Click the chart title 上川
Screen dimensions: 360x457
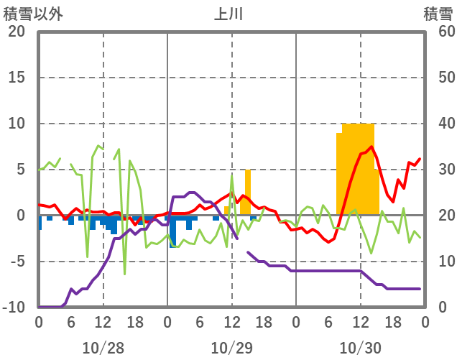tap(228, 14)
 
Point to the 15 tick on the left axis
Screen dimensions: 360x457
tap(17, 78)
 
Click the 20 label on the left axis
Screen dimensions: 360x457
tap(17, 32)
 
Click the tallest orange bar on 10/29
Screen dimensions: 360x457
tap(248, 191)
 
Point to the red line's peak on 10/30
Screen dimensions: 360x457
tap(371, 147)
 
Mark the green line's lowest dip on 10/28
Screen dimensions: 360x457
tap(124, 274)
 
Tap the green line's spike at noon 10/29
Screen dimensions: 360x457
tap(232, 175)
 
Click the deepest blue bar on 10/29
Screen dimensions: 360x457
tap(173, 231)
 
